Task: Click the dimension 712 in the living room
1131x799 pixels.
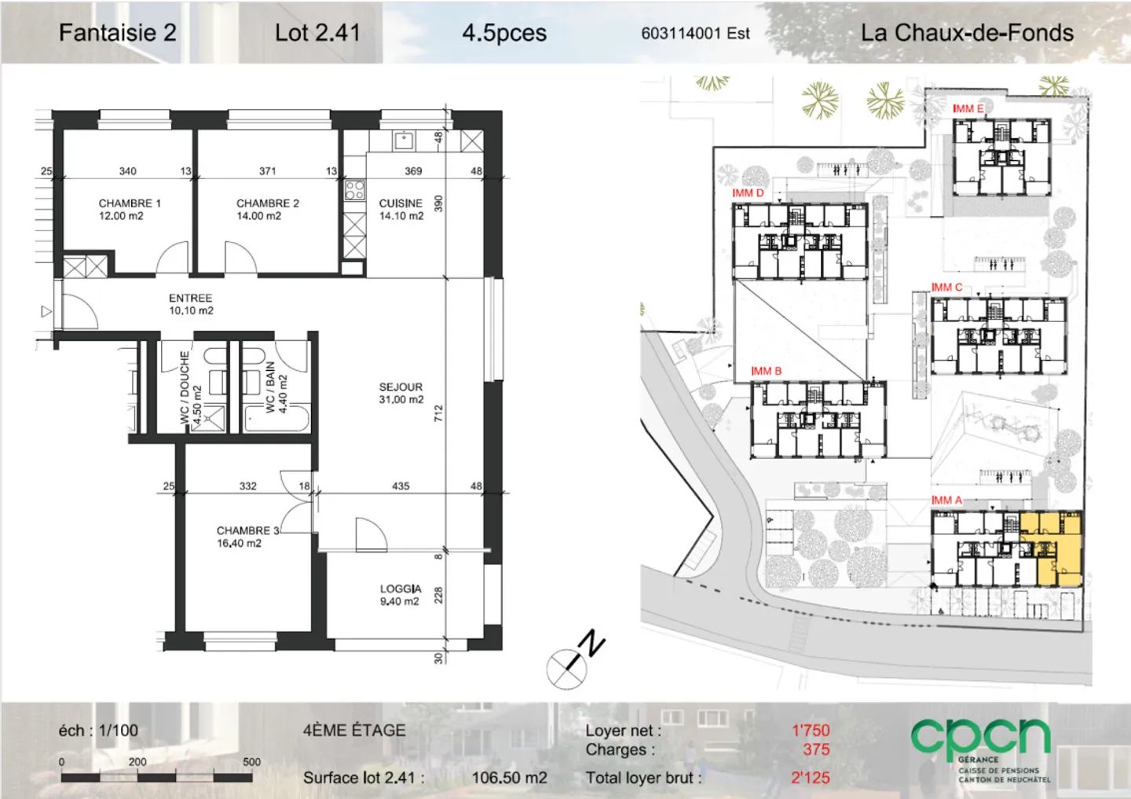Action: tap(438, 413)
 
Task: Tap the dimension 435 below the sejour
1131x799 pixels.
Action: tap(401, 486)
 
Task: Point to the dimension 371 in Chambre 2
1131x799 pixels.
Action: tap(268, 170)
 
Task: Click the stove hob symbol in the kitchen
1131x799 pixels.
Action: tap(354, 190)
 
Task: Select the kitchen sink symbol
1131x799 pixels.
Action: tap(403, 141)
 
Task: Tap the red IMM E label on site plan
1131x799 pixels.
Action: tap(968, 108)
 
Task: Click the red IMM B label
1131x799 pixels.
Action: tap(766, 371)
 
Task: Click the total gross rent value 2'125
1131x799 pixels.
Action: tap(810, 778)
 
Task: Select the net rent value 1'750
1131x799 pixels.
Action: tap(810, 731)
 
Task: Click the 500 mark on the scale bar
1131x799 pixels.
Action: tap(251, 762)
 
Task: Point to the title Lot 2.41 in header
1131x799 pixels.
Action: tap(317, 33)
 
